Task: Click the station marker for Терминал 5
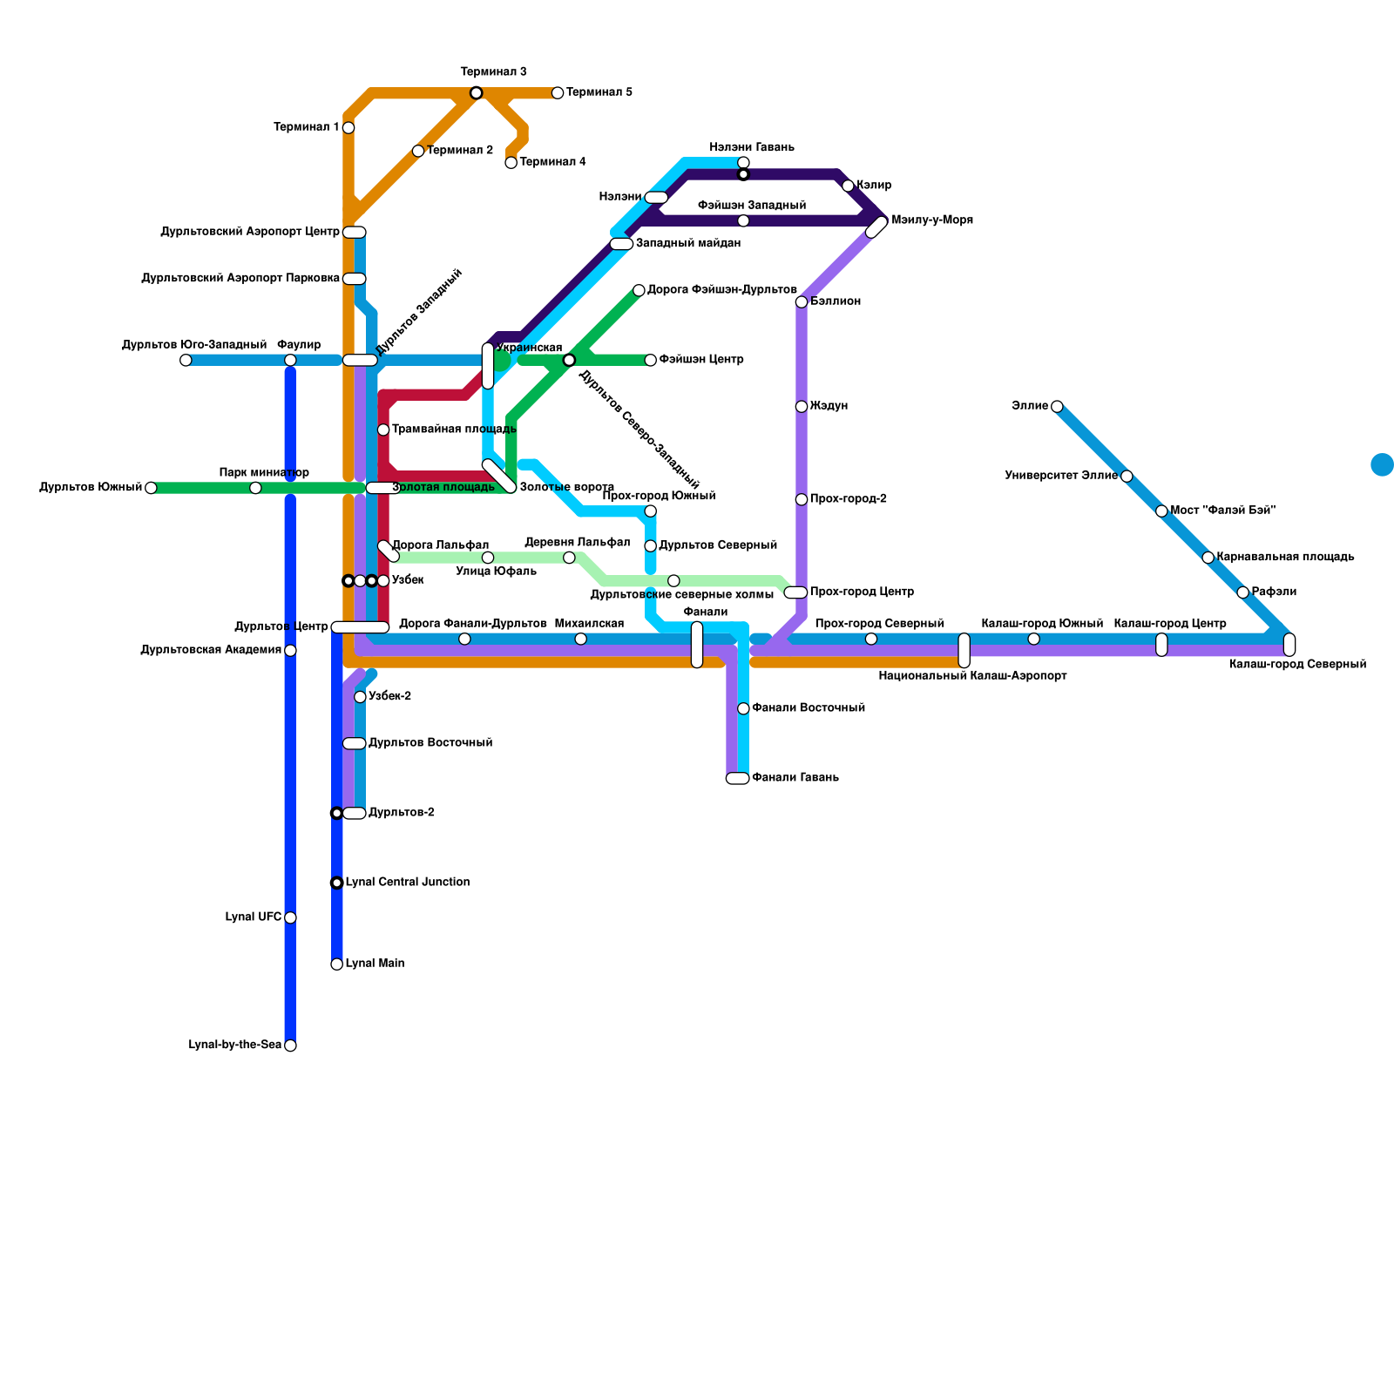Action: tap(558, 93)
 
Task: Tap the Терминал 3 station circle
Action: tap(476, 93)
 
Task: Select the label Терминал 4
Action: tap(552, 162)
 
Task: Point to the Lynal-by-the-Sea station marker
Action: tap(290, 1045)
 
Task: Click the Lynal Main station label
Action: tap(375, 964)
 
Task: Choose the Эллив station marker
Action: tap(1057, 406)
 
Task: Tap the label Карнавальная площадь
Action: tap(1285, 557)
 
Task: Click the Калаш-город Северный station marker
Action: tap(1289, 645)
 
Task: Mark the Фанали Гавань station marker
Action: tap(737, 778)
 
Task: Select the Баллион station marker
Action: tap(802, 302)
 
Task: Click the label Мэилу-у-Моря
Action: tap(932, 220)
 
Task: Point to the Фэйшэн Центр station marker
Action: tap(651, 360)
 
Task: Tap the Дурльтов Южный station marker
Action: tap(151, 488)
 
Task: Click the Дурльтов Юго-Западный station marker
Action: tap(186, 360)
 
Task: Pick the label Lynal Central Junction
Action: tap(408, 883)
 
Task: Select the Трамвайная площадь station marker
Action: tap(383, 430)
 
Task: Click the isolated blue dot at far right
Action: tap(1382, 464)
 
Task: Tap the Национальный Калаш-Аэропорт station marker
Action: tap(964, 650)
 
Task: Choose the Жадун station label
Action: tap(829, 406)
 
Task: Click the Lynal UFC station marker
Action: tap(290, 917)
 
